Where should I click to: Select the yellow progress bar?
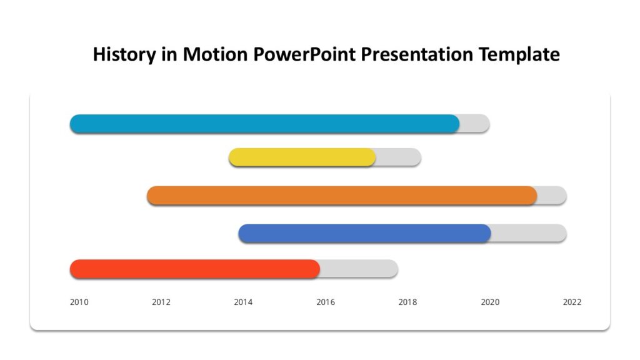point(302,157)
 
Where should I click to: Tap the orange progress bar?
point(342,196)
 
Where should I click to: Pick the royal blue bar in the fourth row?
point(364,233)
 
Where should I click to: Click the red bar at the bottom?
point(195,269)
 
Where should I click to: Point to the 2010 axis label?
point(79,302)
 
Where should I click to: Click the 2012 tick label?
point(161,302)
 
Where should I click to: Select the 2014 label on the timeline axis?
point(243,302)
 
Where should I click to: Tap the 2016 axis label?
point(326,302)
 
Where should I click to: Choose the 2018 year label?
point(407,302)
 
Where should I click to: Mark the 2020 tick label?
point(490,302)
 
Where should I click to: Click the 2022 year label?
point(572,302)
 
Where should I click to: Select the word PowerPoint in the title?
point(306,54)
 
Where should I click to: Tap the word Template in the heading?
point(519,54)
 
